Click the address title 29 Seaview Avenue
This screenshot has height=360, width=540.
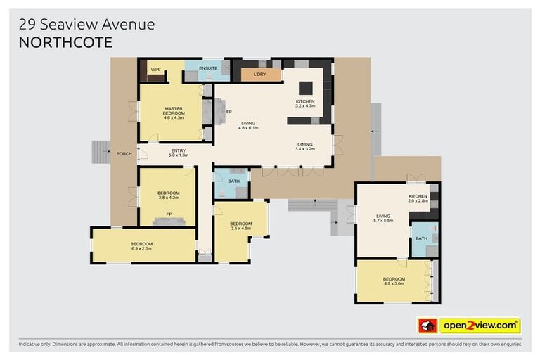pyautogui.click(x=86, y=25)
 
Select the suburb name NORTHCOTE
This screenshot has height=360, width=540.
pyautogui.click(x=65, y=41)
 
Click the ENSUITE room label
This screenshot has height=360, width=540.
pyautogui.click(x=208, y=69)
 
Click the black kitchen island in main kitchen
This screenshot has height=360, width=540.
pyautogui.click(x=306, y=88)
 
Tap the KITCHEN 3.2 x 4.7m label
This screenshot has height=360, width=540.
pyautogui.click(x=305, y=103)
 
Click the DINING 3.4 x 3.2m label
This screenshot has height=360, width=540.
pyautogui.click(x=304, y=146)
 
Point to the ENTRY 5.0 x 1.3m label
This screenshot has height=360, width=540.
pyautogui.click(x=179, y=152)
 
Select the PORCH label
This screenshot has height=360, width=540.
pyautogui.click(x=124, y=153)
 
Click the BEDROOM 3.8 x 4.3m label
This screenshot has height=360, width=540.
pyautogui.click(x=168, y=195)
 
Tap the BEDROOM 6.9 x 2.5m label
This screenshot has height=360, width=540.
pyautogui.click(x=141, y=246)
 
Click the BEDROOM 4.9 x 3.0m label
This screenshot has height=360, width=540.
pyautogui.click(x=394, y=281)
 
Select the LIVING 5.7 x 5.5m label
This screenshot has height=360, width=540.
pyautogui.click(x=383, y=219)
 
